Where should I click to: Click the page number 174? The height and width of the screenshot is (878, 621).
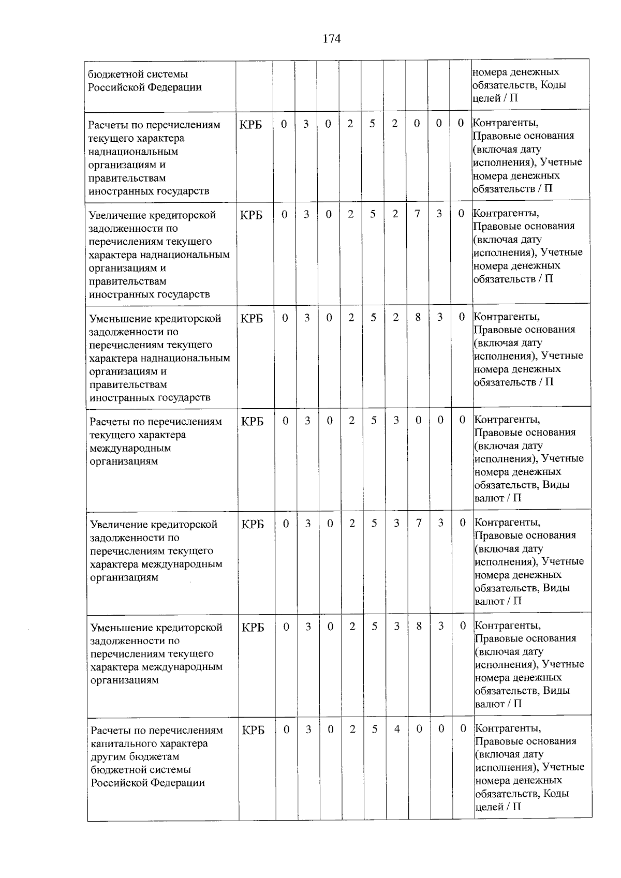[332, 39]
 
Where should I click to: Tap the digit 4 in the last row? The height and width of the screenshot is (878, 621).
[397, 729]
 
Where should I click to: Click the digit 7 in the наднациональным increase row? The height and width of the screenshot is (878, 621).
[417, 214]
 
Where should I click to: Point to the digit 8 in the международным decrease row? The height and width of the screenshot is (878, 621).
[419, 626]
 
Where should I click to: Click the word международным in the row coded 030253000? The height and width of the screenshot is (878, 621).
[130, 448]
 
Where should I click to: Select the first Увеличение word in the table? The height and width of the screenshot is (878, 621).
[117, 215]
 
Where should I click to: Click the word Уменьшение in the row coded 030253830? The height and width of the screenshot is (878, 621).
[121, 628]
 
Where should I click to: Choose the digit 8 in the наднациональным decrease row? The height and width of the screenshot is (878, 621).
[418, 317]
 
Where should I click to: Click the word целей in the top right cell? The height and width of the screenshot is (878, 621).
[485, 98]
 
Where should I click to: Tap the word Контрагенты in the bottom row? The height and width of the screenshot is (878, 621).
[508, 728]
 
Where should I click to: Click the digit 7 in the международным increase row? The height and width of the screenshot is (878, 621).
[419, 523]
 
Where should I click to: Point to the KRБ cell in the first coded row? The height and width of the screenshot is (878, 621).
[251, 125]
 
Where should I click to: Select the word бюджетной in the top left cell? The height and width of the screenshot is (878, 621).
[112, 73]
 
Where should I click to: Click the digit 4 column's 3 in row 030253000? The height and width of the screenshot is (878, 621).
[396, 420]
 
